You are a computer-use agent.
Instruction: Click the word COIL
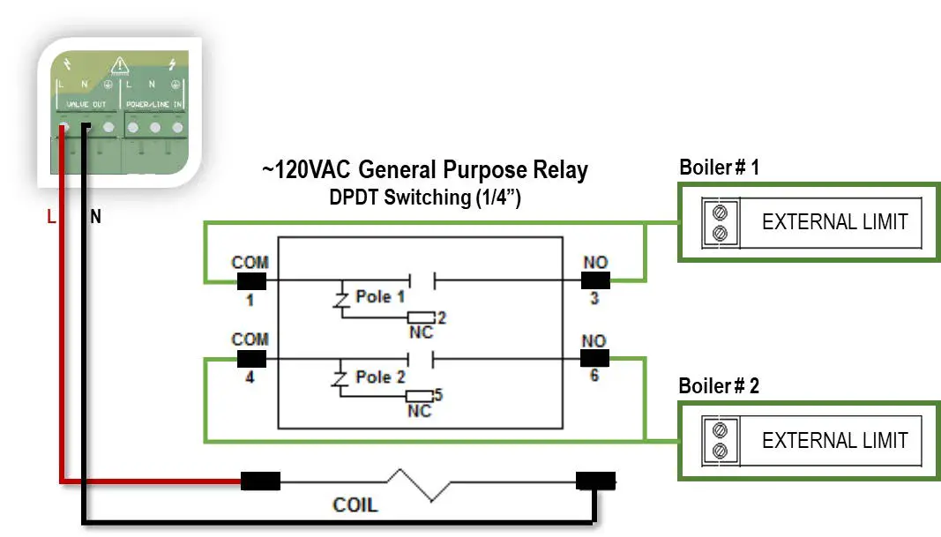coord(355,505)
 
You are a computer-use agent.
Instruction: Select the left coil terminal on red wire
coord(261,481)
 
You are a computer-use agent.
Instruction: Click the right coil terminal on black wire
coord(595,481)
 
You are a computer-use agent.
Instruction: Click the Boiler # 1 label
coord(719,168)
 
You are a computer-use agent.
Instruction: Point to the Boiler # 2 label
coord(719,386)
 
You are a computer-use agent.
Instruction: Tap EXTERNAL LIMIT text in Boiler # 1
coord(834,222)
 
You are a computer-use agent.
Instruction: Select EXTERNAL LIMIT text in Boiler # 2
coord(834,440)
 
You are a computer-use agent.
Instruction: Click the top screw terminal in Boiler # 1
coord(721,213)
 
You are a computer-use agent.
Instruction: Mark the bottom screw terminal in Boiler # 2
coord(721,451)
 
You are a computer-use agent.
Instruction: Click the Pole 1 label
coord(380,296)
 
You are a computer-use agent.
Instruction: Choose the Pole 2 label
coord(380,377)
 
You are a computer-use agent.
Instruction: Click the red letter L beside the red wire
coord(51,215)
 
